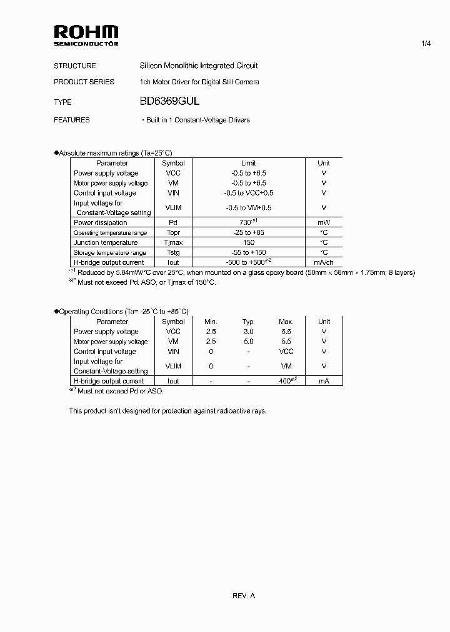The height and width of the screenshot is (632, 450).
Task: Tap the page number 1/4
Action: click(426, 44)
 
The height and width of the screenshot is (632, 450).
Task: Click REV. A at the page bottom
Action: click(244, 596)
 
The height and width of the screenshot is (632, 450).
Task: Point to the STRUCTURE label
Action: click(75, 66)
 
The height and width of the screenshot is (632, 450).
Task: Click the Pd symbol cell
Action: click(173, 222)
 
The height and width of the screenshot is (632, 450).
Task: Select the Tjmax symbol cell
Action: click(173, 242)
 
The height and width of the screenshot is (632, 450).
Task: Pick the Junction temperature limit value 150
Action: click(248, 242)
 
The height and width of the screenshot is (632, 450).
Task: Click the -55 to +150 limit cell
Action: click(248, 252)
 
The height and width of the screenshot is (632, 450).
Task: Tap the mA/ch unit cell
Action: click(324, 262)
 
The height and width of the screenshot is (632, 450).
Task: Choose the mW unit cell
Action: click(324, 222)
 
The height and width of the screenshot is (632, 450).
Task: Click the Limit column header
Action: click(248, 163)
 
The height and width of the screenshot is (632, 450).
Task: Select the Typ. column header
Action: click(248, 322)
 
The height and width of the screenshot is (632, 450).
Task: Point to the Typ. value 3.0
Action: click(248, 332)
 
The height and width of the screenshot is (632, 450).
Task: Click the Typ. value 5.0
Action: click(248, 342)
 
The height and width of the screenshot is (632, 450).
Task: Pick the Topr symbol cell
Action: click(173, 232)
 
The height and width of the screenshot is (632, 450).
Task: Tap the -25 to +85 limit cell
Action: click(248, 232)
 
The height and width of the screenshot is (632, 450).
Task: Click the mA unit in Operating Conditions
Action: click(324, 381)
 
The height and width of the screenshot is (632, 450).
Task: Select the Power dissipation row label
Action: click(101, 222)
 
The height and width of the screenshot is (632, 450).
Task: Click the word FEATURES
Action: click(72, 120)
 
